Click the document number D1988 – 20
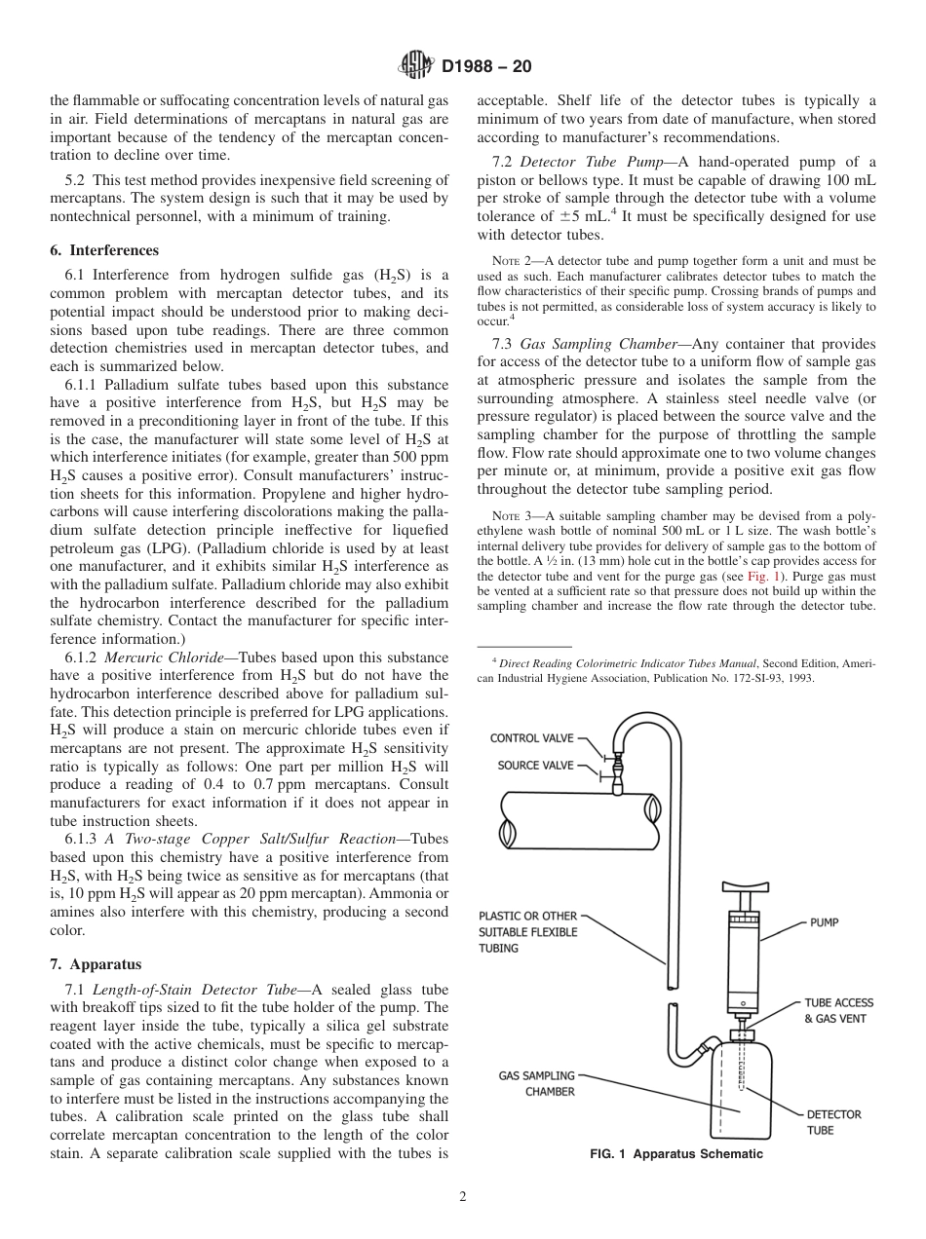click(486, 67)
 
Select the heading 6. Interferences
click(104, 250)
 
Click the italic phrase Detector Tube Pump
click(591, 161)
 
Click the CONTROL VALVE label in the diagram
click(532, 738)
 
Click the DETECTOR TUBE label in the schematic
click(833, 1122)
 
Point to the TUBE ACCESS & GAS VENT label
click(837, 1010)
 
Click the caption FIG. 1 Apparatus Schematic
click(676, 1154)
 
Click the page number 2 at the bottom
click(463, 1197)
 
